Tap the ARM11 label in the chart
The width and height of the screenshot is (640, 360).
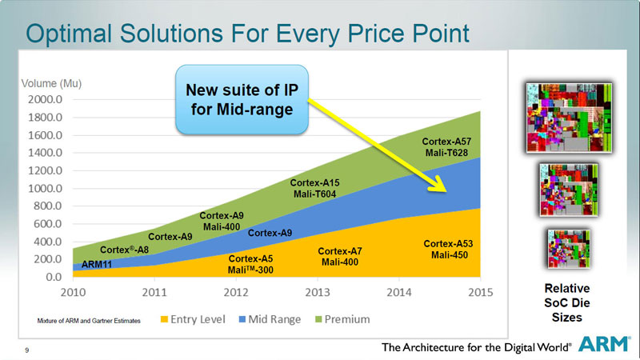(98, 262)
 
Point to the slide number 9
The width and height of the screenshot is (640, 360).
(27, 348)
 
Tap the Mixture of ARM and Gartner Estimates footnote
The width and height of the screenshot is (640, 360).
(89, 321)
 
